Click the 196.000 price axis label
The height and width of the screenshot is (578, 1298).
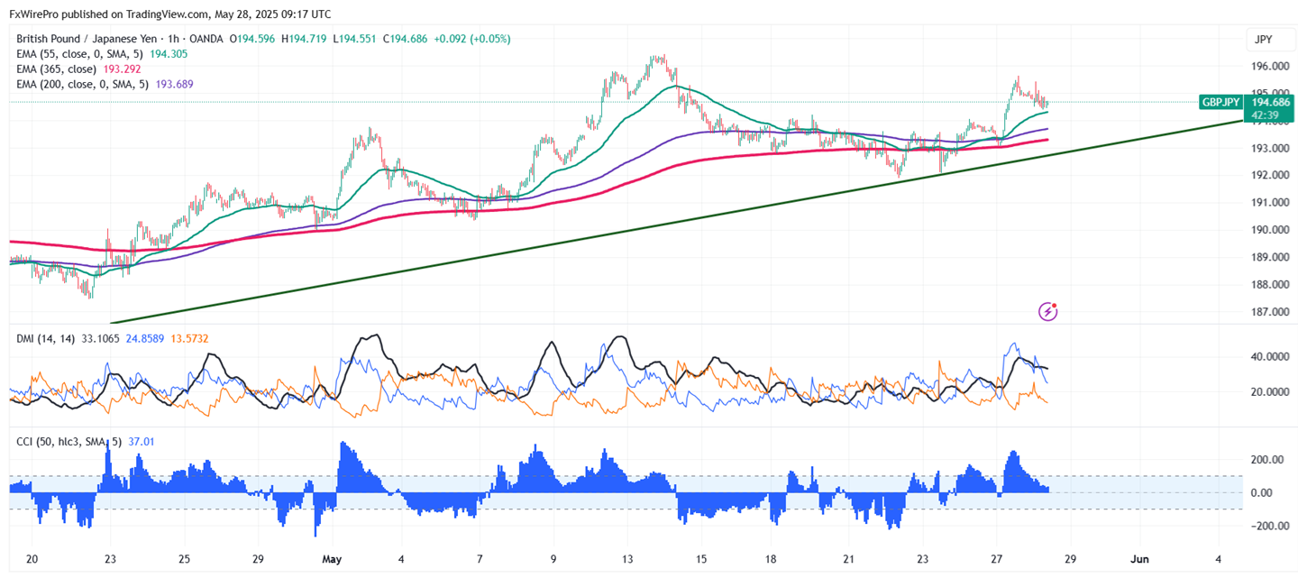pos(1269,66)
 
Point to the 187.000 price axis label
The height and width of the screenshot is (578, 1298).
pos(1269,312)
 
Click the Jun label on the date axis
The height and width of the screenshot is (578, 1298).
pos(1140,558)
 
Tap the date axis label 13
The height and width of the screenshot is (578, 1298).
pos(627,558)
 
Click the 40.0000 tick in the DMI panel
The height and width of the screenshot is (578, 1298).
pos(1268,356)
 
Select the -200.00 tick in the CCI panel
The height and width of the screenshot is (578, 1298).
pos(1266,526)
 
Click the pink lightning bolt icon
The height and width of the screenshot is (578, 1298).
pos(1048,311)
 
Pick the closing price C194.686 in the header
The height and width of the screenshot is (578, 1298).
pos(405,39)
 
